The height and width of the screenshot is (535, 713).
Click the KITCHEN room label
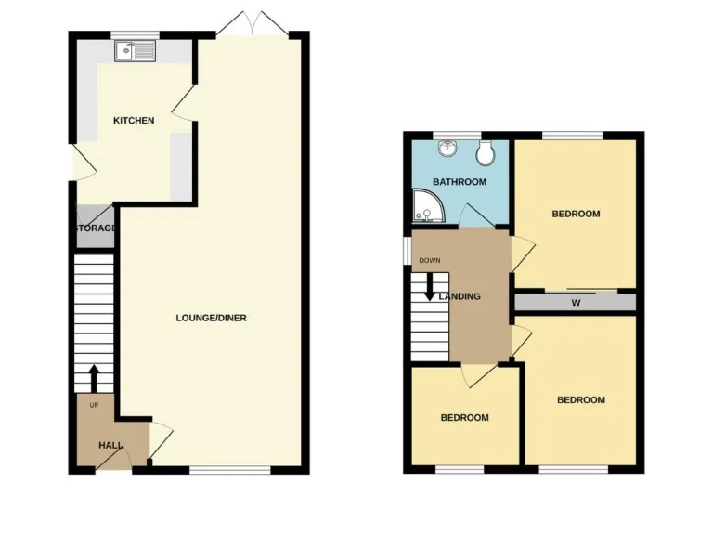coord(134,121)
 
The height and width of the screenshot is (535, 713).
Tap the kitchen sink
coord(136,50)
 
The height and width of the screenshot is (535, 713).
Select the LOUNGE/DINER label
coord(211,318)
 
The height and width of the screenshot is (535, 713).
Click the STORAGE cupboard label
coord(95,228)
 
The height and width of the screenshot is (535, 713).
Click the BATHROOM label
coord(459,182)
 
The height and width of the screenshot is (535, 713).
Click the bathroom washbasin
coord(447,150)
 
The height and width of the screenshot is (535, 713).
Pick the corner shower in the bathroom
coord(427,209)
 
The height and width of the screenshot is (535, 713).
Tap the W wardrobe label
coord(576,303)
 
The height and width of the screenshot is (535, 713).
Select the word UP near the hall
coord(94,406)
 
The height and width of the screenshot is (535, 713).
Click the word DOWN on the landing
coord(430,260)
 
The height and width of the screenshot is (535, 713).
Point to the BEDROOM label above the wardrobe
coord(576,215)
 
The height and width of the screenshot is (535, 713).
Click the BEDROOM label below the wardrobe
coord(580,400)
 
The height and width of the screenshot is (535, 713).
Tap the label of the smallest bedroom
coord(464,418)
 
